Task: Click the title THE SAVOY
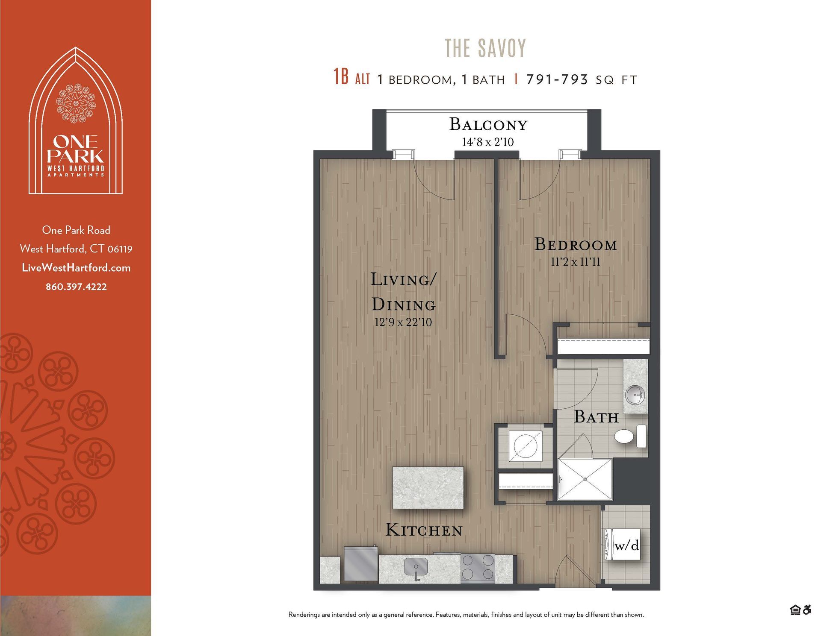pos(485,48)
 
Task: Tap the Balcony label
pos(488,124)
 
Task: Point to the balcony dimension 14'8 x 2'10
pos(488,142)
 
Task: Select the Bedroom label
pos(576,245)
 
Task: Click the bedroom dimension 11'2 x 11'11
pos(576,261)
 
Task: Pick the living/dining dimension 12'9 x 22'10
pos(403,322)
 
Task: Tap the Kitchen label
pos(424,530)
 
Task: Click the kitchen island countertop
pos(428,488)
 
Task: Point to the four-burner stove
pos(478,567)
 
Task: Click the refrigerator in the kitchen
pos(361,564)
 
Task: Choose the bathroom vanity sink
pos(635,394)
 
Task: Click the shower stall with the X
pos(585,479)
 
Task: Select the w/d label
pos(626,545)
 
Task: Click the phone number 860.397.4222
pos(76,287)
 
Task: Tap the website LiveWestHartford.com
pos(76,268)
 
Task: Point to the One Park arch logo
pos(76,121)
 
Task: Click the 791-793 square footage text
pos(557,79)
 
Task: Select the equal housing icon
pos(795,610)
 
